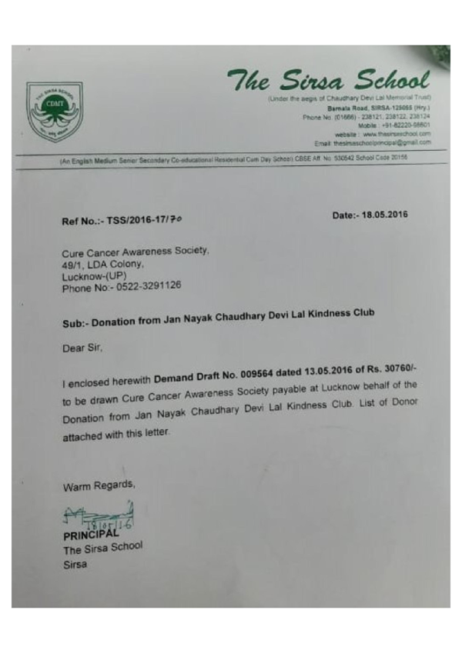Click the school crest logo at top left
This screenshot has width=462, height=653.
(x=55, y=112)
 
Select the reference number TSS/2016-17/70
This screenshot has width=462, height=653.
(x=149, y=221)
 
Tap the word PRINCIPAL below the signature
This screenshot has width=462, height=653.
(x=91, y=534)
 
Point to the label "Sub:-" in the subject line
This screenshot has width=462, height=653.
(x=76, y=325)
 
